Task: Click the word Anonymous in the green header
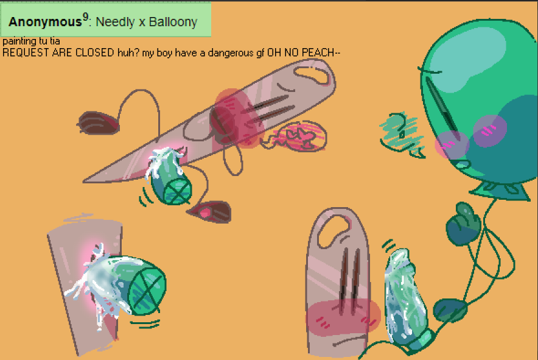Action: pos(45,22)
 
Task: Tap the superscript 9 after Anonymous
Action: pos(85,17)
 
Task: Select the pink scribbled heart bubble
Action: pos(296,136)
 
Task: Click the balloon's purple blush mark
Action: pos(490,130)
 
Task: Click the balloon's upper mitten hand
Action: pos(463,224)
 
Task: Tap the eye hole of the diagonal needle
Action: pos(312,74)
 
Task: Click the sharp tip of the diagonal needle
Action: pos(84,181)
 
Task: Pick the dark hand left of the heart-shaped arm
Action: pos(98,122)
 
